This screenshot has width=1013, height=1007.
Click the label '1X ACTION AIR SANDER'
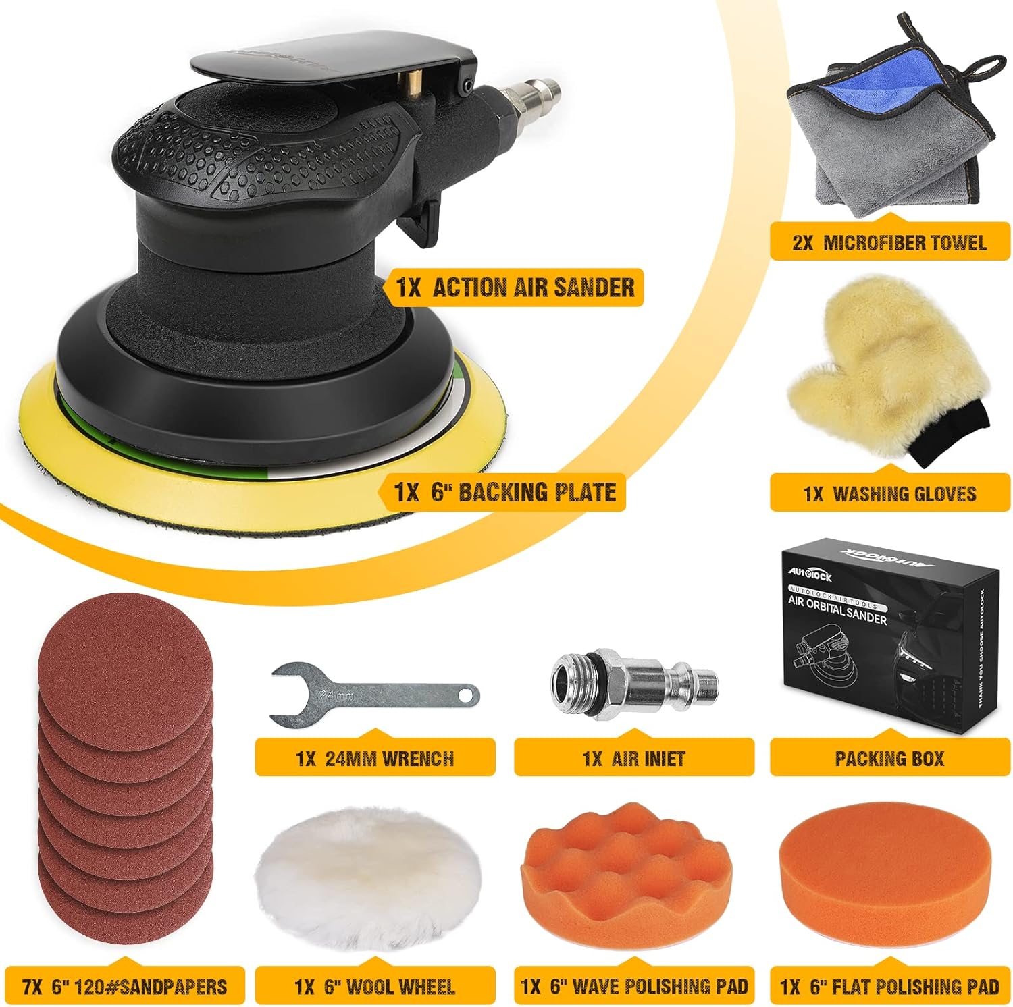(x=515, y=288)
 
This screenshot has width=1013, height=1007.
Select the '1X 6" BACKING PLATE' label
(x=505, y=492)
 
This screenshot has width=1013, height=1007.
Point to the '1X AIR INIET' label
(x=633, y=758)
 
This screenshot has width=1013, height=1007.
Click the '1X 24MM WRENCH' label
(x=375, y=758)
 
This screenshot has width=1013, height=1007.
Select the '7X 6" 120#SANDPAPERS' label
(x=124, y=986)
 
